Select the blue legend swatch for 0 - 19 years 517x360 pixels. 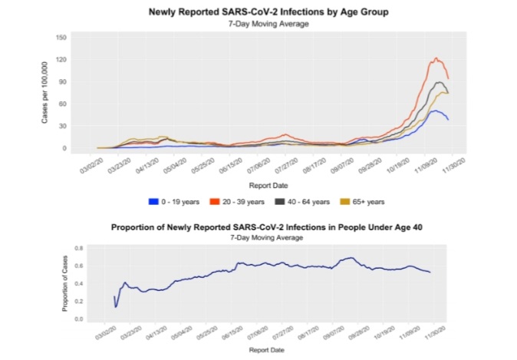tap(153, 202)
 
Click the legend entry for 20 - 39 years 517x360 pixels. tap(239, 202)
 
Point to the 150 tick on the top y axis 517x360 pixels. tap(62, 37)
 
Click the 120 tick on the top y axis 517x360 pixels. tap(62, 59)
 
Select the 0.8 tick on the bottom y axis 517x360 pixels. tap(79, 249)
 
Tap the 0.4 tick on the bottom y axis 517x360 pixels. tap(79, 284)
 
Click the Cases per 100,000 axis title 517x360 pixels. tap(45, 92)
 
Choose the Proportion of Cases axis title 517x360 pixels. tap(65, 282)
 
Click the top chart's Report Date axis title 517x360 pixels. tap(268, 185)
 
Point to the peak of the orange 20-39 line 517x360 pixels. tap(436, 58)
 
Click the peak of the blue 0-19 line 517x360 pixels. tap(434, 111)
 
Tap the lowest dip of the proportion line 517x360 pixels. tap(117, 307)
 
